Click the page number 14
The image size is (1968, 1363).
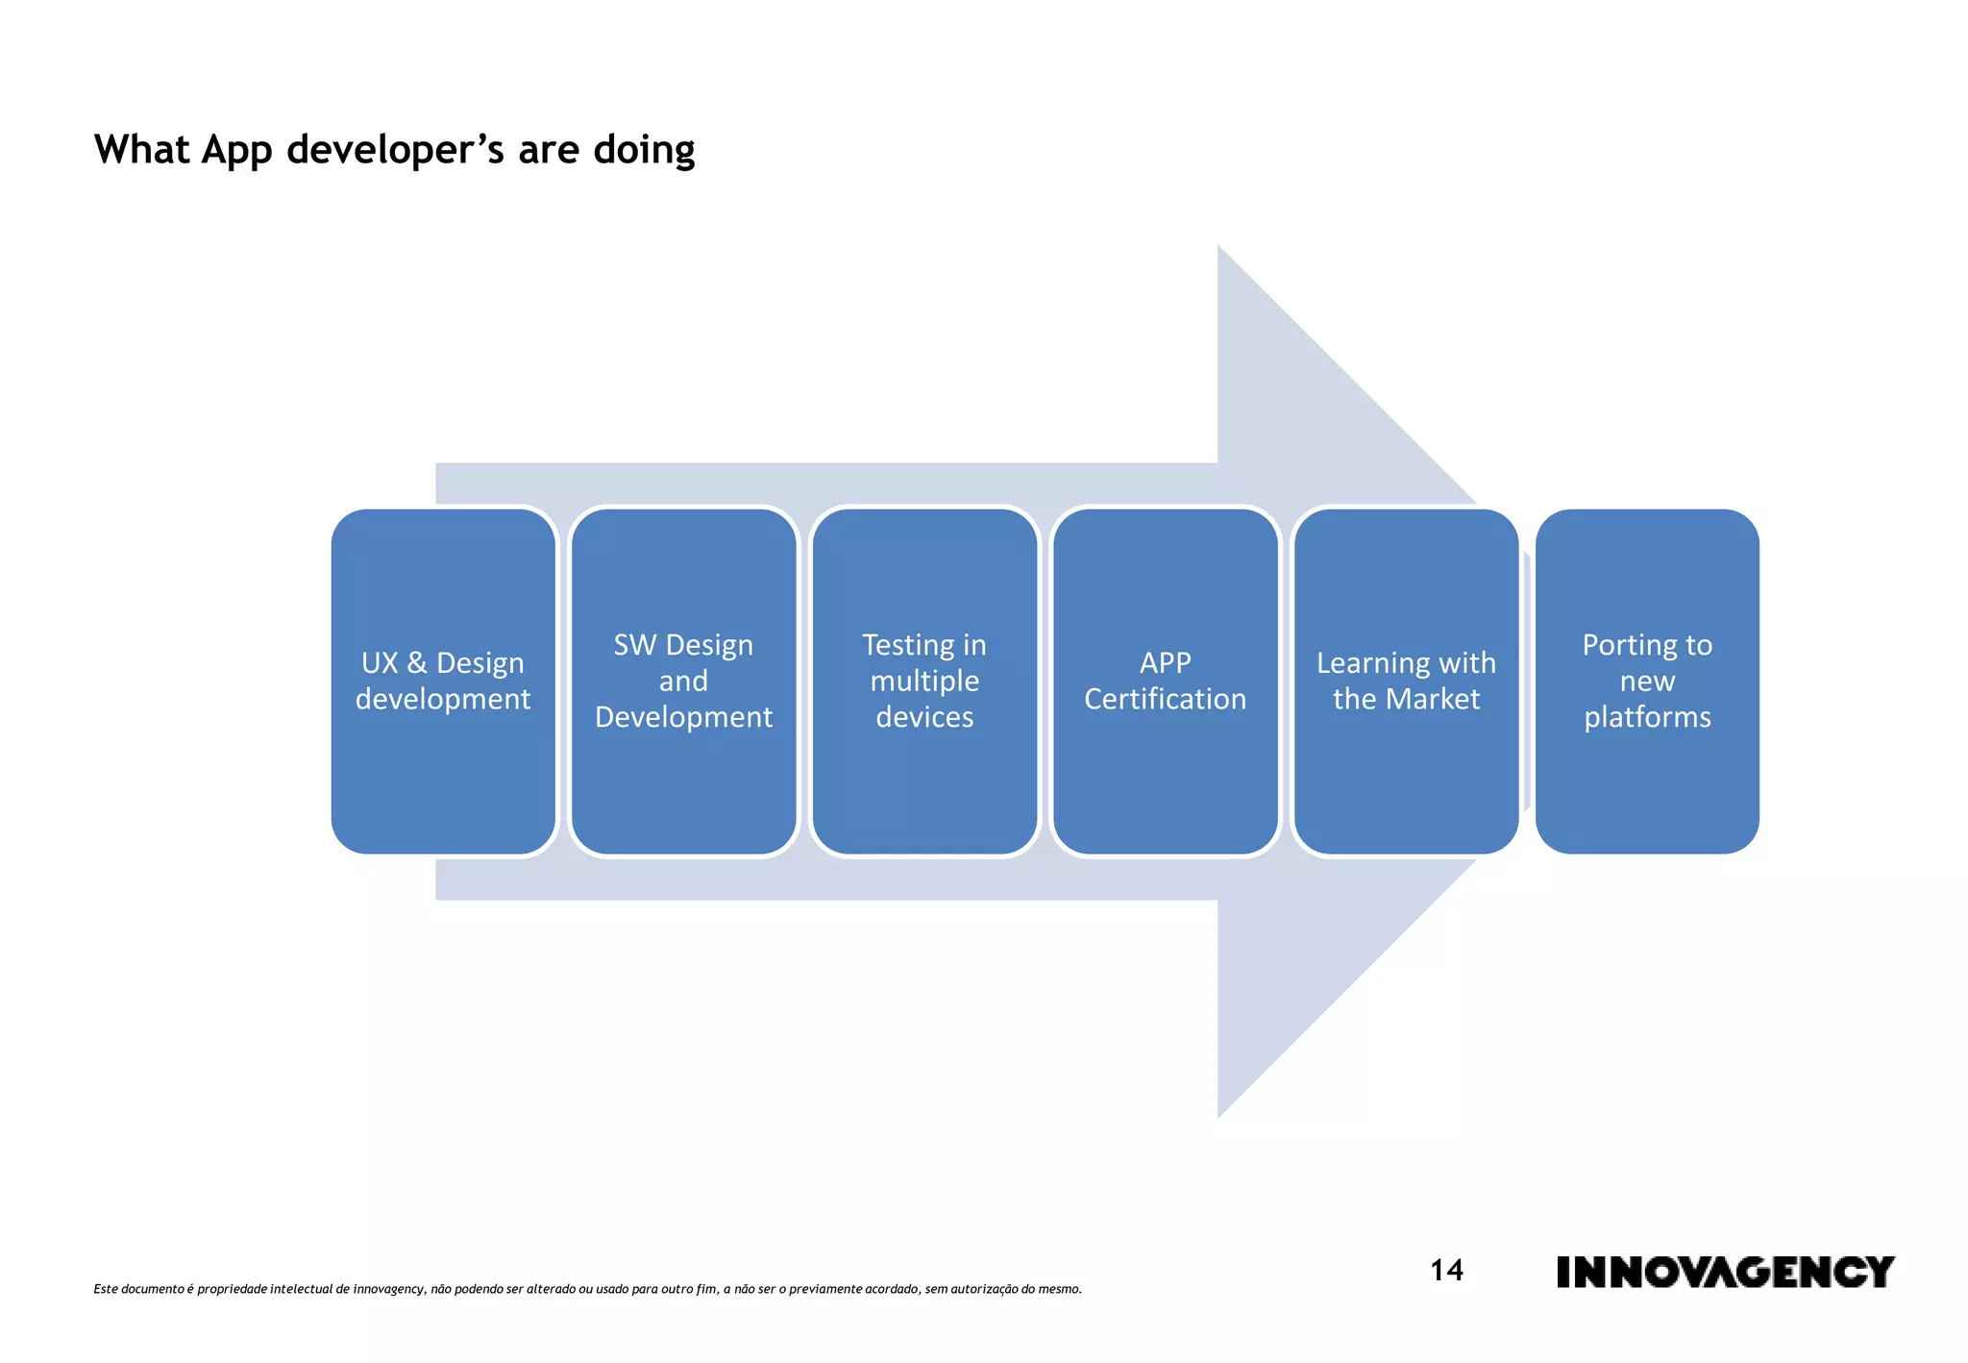click(x=1446, y=1271)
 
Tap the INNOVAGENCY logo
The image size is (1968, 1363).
click(x=1725, y=1272)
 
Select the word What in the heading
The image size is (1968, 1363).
click(x=141, y=150)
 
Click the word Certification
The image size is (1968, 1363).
click(x=1165, y=699)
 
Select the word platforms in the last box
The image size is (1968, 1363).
click(x=1647, y=717)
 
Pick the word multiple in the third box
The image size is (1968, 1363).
click(x=924, y=681)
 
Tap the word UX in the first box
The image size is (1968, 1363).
click(x=380, y=663)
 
